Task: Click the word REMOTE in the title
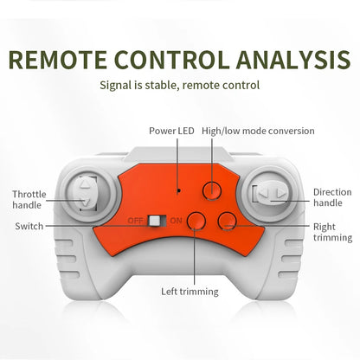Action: (58, 60)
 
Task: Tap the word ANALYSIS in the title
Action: (293, 60)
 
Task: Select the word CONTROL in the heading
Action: (172, 60)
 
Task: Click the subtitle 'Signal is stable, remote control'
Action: (179, 86)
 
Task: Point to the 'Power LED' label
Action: (171, 131)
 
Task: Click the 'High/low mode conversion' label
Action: (258, 131)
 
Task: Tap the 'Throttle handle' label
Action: (29, 200)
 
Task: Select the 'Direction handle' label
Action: (332, 197)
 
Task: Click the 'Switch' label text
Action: (29, 226)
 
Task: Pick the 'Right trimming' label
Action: (332, 232)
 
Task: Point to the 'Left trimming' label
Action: (190, 292)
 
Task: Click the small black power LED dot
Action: (179, 190)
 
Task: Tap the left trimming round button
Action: (196, 221)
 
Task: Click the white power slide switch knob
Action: (154, 221)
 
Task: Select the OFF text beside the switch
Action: (135, 221)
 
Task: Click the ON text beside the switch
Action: (176, 221)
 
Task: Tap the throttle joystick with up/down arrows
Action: (85, 194)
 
